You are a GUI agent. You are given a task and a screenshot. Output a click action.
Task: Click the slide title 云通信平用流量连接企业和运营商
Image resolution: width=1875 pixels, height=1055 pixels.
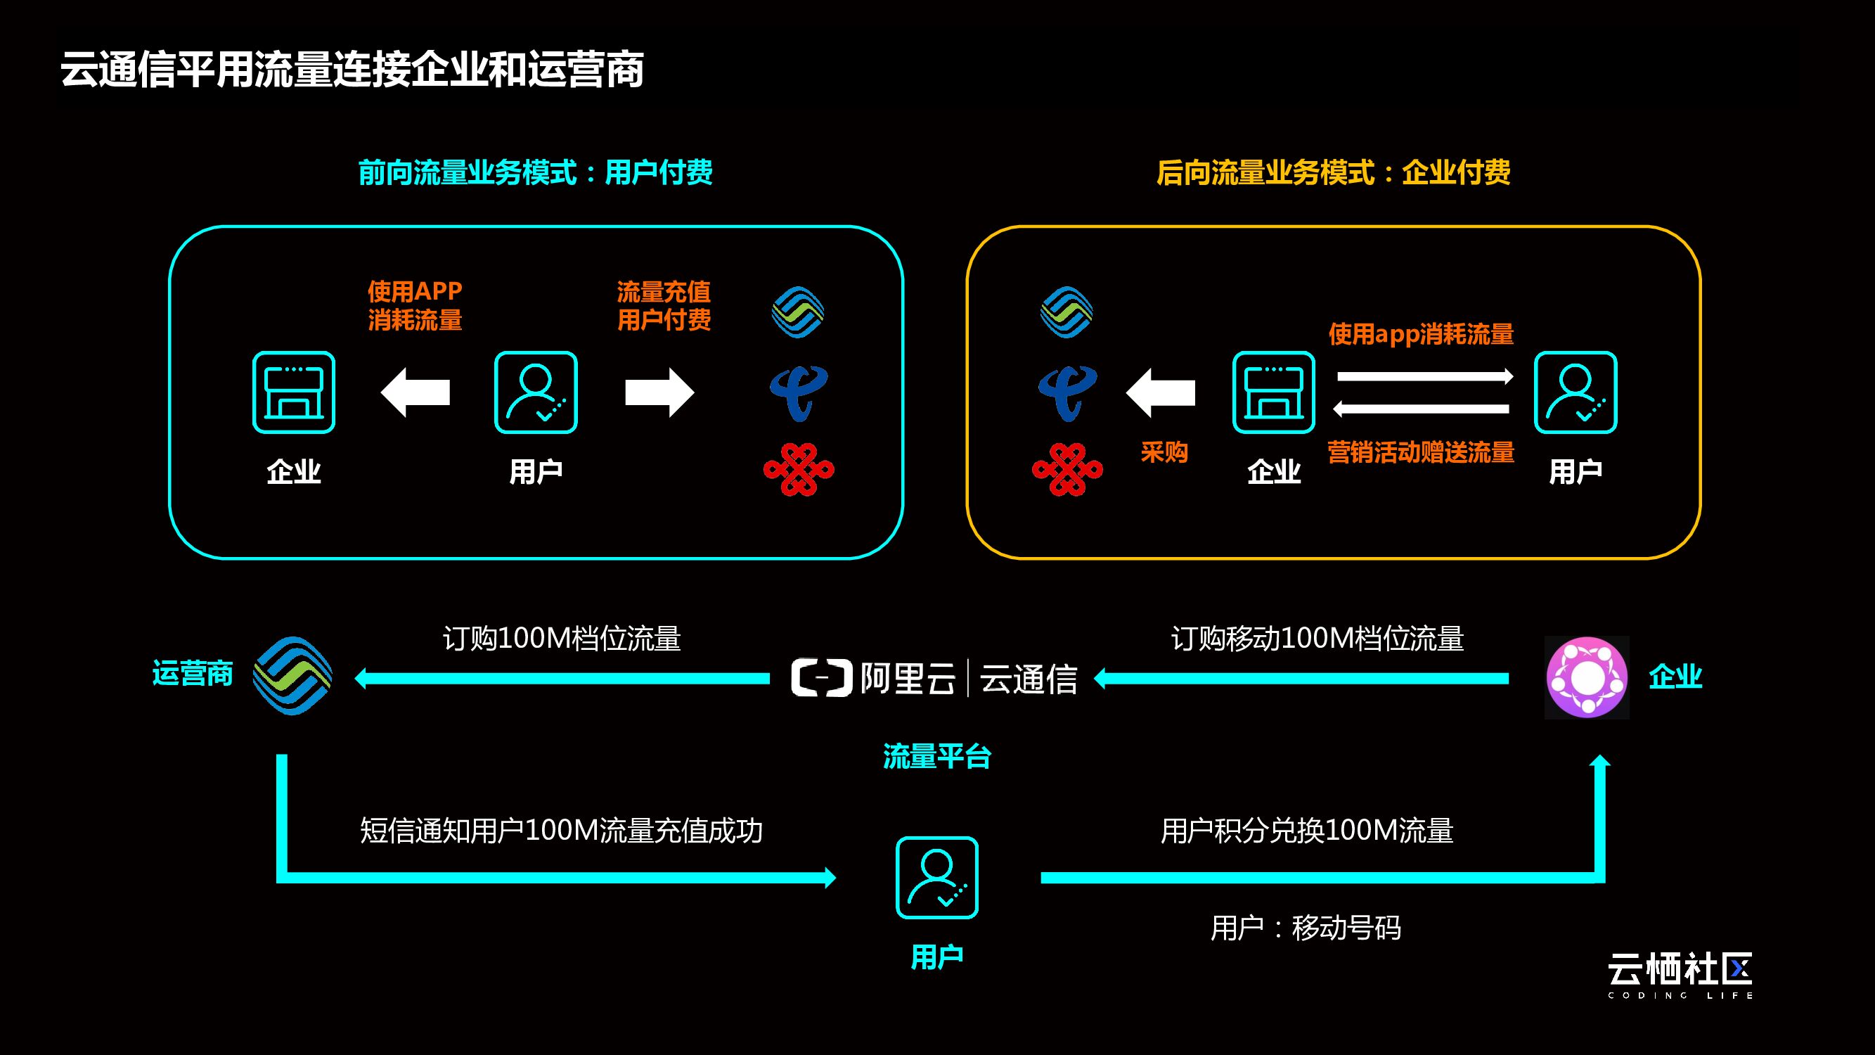tap(352, 70)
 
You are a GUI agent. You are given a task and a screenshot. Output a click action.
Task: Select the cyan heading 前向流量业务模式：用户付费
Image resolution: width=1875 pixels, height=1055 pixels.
tap(535, 172)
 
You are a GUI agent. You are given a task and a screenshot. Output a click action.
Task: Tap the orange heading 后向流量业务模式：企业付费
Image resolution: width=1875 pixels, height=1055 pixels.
tap(1333, 172)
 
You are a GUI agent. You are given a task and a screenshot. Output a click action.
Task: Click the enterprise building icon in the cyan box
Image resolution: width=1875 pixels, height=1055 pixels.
tap(293, 392)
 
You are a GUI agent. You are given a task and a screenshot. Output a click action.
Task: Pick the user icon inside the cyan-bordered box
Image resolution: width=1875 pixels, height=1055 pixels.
tap(536, 392)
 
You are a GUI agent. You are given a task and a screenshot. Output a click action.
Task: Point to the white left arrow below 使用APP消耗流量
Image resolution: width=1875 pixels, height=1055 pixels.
tap(415, 392)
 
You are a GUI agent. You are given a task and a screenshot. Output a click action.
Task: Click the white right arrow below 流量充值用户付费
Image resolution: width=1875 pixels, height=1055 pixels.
tap(659, 392)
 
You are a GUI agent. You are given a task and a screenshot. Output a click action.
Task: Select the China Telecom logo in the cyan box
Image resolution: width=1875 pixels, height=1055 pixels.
tap(799, 393)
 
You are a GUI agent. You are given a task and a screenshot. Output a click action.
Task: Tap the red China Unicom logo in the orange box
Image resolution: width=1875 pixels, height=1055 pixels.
tap(1067, 470)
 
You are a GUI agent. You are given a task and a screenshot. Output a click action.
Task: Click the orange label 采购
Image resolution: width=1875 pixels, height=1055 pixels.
tap(1164, 452)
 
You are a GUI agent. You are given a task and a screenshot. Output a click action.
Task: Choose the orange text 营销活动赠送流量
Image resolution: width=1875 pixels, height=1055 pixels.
tap(1420, 452)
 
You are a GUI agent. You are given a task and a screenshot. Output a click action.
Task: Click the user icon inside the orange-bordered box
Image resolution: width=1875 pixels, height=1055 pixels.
tap(1575, 392)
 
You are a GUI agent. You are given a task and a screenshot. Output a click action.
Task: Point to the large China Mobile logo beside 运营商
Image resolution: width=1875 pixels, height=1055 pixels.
tap(292, 676)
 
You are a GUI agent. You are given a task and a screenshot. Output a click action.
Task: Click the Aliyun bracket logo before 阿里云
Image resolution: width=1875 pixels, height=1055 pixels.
tap(821, 678)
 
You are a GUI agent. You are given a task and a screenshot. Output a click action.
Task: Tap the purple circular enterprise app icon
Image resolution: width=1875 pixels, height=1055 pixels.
tap(1587, 677)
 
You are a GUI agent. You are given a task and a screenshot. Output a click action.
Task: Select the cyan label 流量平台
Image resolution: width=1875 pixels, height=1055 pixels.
tap(936, 757)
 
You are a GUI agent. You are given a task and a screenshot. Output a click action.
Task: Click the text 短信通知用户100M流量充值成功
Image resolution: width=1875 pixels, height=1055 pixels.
tap(561, 831)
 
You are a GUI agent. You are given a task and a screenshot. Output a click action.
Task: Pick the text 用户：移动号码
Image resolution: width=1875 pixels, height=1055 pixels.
tap(1305, 928)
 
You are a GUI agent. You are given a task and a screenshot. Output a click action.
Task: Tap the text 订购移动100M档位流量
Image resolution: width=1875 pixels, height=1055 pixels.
tap(1317, 639)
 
